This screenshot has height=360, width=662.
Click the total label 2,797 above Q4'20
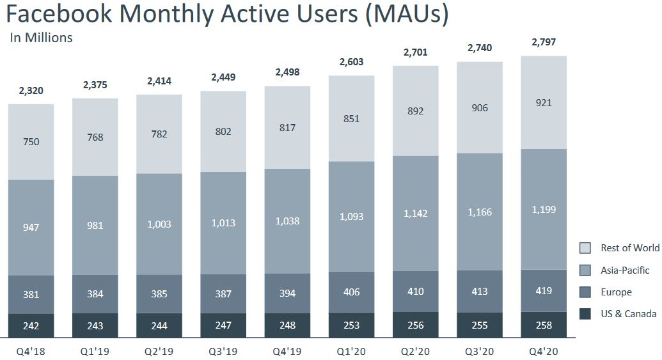pos(543,43)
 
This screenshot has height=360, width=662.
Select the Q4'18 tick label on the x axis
pos(31,350)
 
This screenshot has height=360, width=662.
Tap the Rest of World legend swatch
pos(585,248)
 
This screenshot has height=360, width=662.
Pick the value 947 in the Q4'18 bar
pos(31,227)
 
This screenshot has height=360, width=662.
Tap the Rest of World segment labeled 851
pos(351,118)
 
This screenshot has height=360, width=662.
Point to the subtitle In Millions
pos(42,38)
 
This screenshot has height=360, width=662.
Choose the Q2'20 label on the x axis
pos(415,350)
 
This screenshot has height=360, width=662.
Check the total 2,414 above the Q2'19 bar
pos(159,81)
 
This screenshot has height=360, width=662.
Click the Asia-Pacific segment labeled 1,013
pos(223,223)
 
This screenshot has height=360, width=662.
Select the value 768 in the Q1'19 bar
pos(95,137)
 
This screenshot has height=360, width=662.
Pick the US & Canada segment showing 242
pos(31,325)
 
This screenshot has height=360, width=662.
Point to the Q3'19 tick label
pos(223,350)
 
